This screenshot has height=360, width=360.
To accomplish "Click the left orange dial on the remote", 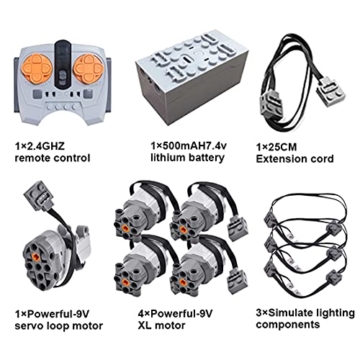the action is coord(37,69).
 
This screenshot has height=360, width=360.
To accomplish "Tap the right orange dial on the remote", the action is coord(89,69).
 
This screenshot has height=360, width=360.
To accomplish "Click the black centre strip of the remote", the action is coord(63,64).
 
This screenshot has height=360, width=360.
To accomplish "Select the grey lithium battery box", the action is coord(191,80).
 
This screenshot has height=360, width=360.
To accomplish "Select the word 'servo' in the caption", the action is coord(30,325).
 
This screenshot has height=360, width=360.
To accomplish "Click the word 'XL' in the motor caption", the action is coord(145,325).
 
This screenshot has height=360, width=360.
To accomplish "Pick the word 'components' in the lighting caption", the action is coord(288,325).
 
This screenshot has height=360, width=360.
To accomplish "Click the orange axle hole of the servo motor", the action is coord(36,256).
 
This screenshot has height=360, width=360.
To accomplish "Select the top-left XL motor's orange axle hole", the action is coord(125,228).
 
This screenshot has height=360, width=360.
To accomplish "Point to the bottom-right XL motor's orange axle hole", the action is coord(183,282).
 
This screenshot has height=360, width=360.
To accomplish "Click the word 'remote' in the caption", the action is coord(34,158).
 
